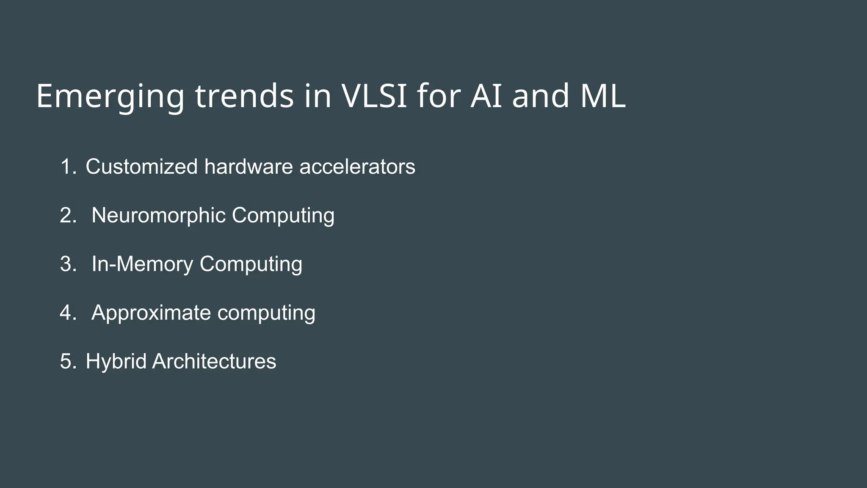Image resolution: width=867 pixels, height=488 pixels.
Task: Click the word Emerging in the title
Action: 110,97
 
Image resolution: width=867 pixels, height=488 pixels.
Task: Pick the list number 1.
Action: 68,166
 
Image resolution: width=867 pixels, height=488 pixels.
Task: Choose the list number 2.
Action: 68,215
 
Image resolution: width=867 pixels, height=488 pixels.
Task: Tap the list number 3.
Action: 68,264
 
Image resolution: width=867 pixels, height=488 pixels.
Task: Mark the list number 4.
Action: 68,313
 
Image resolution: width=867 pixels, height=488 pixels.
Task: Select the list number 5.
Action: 68,361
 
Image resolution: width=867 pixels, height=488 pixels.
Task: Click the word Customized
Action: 141,166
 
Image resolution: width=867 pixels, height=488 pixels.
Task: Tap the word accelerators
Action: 357,166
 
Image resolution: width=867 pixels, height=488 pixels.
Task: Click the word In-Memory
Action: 142,264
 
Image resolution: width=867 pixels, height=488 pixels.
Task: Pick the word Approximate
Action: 151,313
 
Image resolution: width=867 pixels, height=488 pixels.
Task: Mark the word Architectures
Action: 214,361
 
